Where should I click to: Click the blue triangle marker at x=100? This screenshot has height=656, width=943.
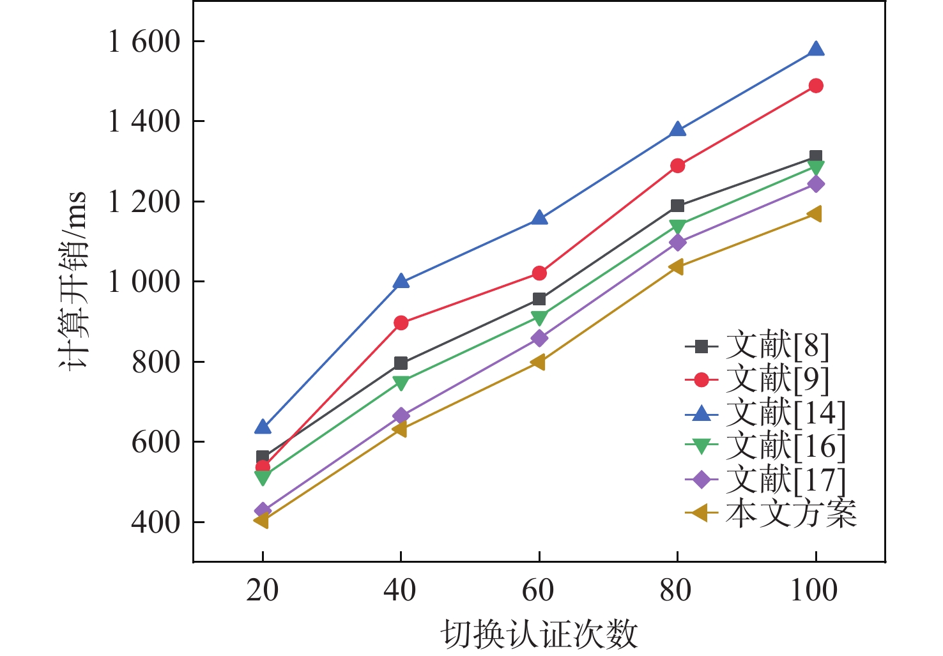(x=816, y=50)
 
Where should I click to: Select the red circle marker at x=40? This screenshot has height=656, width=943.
(x=401, y=323)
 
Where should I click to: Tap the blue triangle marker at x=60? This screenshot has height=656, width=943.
(x=539, y=218)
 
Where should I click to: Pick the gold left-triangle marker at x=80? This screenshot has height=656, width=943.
(x=677, y=267)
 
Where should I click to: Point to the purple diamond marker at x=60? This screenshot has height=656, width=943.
(x=539, y=339)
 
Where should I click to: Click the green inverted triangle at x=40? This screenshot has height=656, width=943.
(x=401, y=383)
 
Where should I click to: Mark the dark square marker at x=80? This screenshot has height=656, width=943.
(x=677, y=206)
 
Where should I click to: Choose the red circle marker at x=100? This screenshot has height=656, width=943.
(x=816, y=86)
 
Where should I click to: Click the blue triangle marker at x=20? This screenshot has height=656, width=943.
(x=263, y=427)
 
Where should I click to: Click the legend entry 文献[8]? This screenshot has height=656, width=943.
(x=777, y=346)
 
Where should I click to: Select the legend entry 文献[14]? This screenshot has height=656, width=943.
(x=785, y=413)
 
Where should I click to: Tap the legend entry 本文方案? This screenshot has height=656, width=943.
(x=791, y=513)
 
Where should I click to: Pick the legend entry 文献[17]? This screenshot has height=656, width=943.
(x=785, y=480)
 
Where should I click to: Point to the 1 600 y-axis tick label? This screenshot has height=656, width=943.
(x=145, y=42)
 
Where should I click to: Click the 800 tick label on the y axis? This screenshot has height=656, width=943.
(x=157, y=362)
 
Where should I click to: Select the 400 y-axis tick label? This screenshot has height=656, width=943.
(x=157, y=523)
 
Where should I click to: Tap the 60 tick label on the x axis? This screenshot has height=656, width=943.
(x=539, y=591)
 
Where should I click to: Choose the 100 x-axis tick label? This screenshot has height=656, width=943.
(x=814, y=591)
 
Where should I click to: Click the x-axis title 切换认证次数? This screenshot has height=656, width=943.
(x=539, y=635)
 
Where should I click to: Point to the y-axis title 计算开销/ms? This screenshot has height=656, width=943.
(x=73, y=281)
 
